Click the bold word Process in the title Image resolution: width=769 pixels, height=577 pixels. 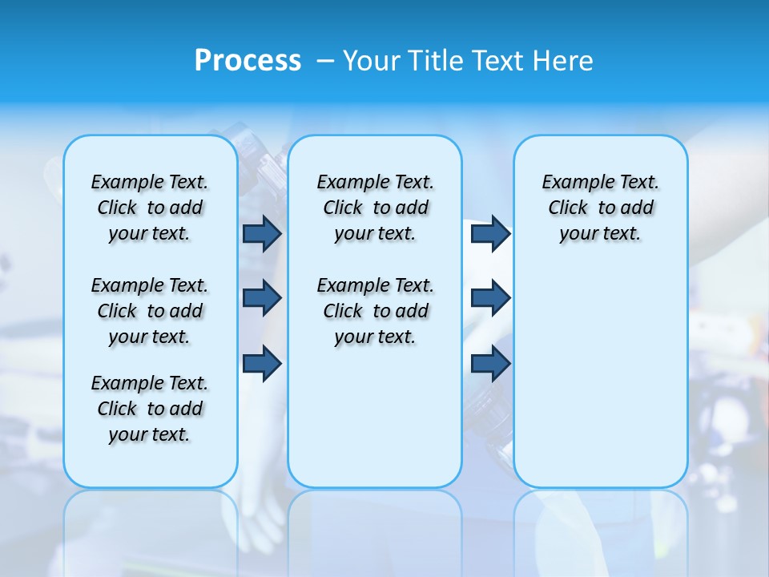(248, 60)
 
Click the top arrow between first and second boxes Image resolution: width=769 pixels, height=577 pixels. (262, 233)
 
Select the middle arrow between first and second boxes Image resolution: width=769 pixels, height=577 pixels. (262, 298)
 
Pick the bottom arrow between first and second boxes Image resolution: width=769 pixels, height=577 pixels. (262, 363)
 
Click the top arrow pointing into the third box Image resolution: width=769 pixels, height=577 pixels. (490, 233)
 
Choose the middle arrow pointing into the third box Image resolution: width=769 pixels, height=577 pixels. (490, 298)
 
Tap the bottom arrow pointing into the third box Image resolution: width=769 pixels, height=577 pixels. (490, 363)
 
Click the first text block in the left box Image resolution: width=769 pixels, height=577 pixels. (150, 208)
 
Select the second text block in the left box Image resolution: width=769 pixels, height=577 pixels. (150, 311)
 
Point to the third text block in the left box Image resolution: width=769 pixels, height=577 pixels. (150, 409)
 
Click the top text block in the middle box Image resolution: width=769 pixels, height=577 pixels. (375, 208)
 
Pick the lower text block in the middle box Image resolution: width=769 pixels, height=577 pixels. (375, 311)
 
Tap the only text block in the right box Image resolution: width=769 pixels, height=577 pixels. (600, 208)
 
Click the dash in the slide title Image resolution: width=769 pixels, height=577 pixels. (325, 61)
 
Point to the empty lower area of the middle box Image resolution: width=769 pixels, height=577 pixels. (375, 417)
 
